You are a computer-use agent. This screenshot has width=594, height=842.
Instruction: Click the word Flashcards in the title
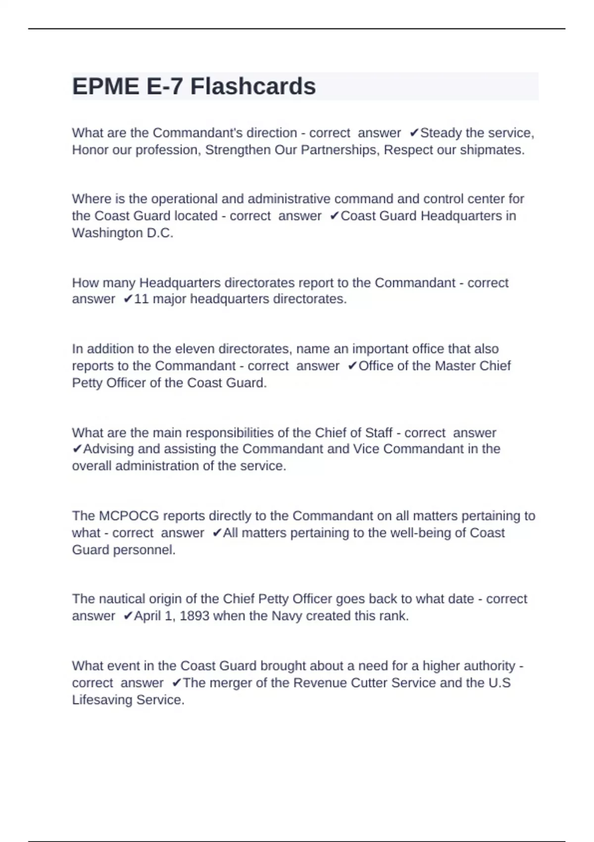coord(253,87)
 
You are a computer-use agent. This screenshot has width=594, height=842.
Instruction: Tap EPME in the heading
coord(105,87)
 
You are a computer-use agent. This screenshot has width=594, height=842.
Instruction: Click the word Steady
coord(441,133)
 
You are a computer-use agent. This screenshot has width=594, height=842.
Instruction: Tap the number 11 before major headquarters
coord(142,299)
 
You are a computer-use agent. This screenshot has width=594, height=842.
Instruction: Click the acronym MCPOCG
coord(129,516)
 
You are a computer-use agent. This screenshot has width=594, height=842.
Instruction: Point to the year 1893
coord(195,616)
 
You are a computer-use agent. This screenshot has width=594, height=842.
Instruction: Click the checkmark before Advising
coord(77,449)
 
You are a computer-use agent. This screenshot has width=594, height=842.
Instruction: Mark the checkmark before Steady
coord(414,133)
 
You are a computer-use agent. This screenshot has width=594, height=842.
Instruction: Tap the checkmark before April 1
coord(128,616)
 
